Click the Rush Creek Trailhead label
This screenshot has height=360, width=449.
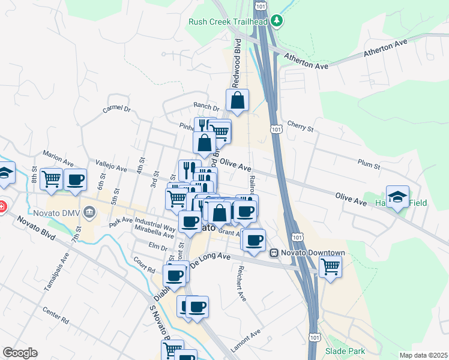(228, 22)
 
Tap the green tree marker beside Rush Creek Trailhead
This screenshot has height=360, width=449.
(276, 21)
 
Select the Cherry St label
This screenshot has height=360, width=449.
(301, 128)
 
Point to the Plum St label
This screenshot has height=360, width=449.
(370, 164)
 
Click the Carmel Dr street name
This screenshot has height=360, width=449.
(116, 109)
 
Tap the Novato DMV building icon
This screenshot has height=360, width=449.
(89, 211)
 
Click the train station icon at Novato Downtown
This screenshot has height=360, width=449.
(274, 253)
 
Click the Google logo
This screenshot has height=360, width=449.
(20, 353)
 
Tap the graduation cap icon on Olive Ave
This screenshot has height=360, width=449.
(397, 196)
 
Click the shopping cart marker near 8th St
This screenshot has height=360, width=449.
(51, 178)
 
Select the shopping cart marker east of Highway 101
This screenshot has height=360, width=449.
(330, 265)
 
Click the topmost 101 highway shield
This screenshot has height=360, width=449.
(259, 5)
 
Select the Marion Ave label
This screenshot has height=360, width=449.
(59, 160)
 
